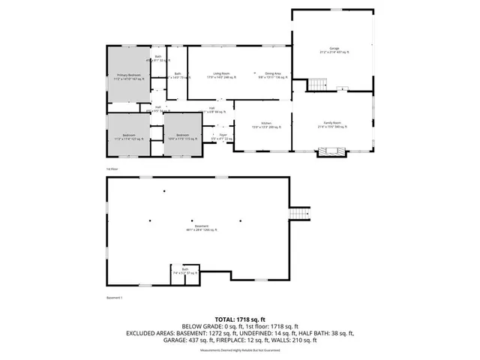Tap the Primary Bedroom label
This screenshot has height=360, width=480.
(x=127, y=76)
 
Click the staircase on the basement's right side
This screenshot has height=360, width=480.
(x=299, y=214)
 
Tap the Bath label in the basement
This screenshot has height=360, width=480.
(x=184, y=272)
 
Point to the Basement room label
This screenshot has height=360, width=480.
(x=201, y=228)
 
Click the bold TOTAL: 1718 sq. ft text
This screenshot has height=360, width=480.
(x=240, y=318)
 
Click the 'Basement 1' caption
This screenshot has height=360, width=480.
(x=114, y=298)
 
